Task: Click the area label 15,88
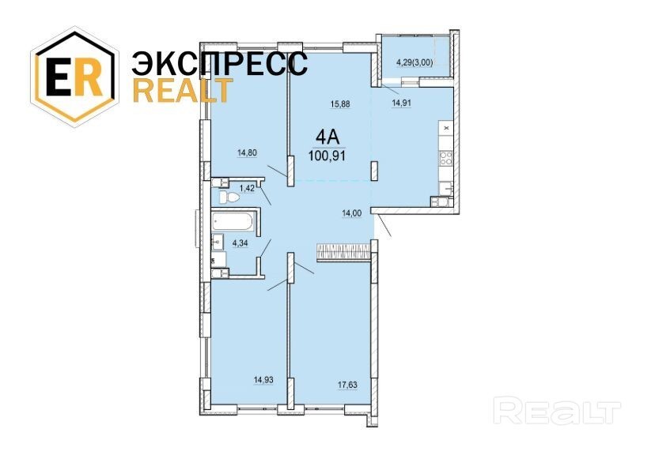tap(340, 104)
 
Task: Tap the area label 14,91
tap(401, 103)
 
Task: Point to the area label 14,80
tap(247, 152)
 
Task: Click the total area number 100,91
tap(327, 156)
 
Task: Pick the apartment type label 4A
tap(327, 137)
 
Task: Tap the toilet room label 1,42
tap(247, 188)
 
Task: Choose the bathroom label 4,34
tap(240, 243)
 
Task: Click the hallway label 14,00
tap(352, 213)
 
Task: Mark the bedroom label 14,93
tap(263, 380)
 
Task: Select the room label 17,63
tap(347, 385)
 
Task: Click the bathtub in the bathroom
tap(233, 221)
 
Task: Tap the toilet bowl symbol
tap(228, 198)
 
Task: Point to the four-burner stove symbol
tap(445, 157)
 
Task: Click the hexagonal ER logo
tap(74, 76)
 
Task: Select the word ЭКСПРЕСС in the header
tap(220, 64)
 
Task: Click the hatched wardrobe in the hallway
tap(344, 253)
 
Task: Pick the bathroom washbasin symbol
tap(218, 242)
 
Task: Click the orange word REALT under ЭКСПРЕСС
tap(183, 91)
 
